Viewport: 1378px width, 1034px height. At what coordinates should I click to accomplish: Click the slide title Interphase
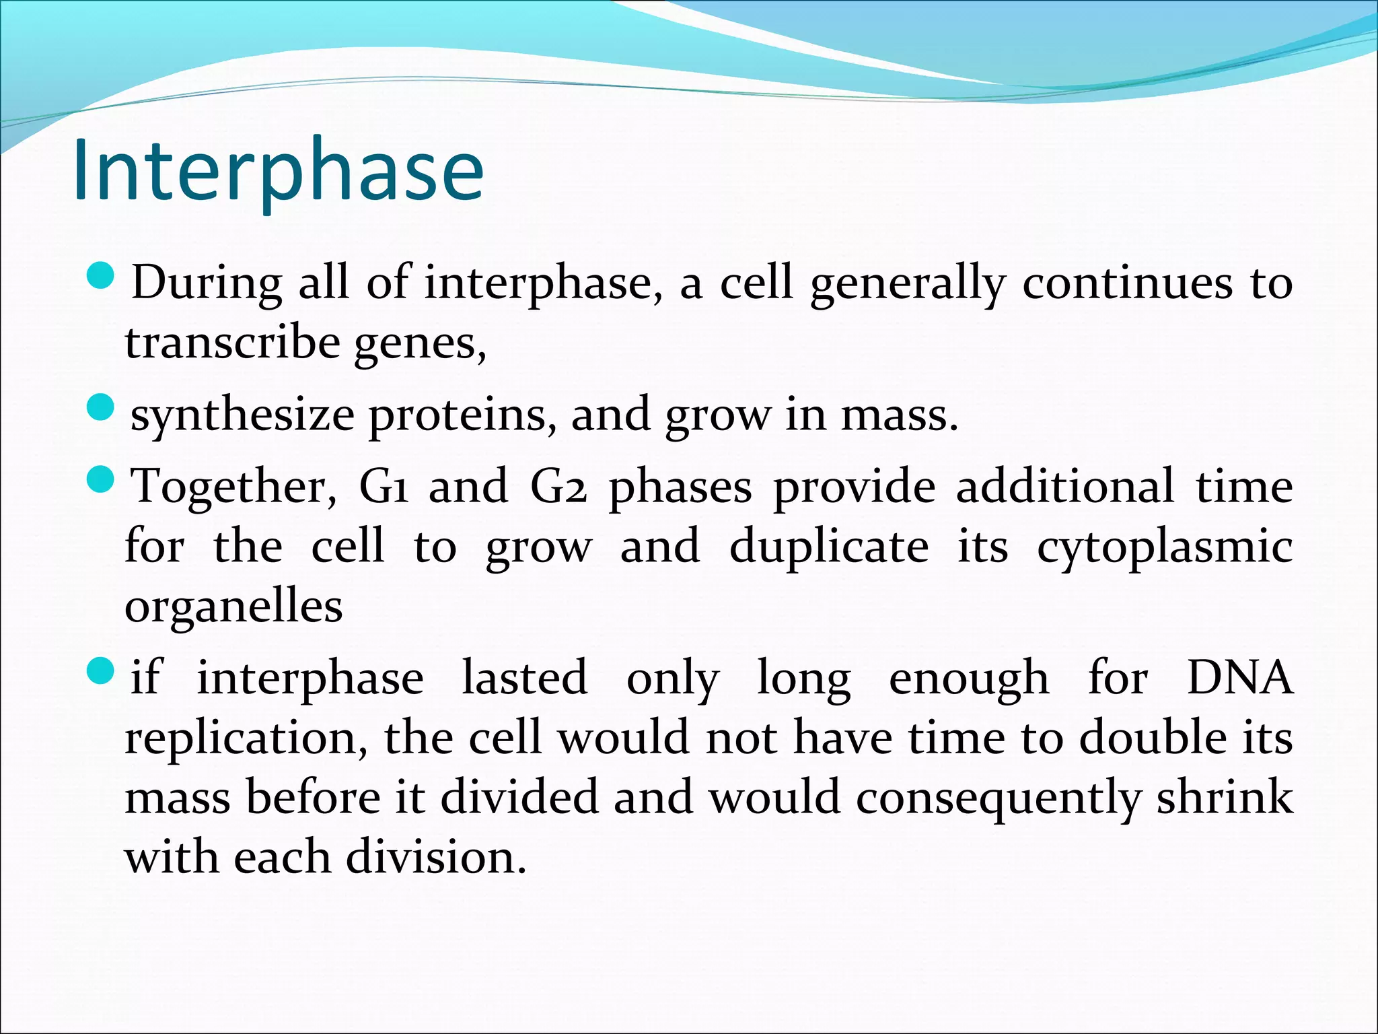(x=278, y=170)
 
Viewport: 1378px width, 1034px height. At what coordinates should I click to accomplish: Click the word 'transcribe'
(x=233, y=343)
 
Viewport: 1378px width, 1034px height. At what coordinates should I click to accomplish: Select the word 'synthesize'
(x=242, y=416)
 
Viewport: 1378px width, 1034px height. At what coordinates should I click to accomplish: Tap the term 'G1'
(x=384, y=486)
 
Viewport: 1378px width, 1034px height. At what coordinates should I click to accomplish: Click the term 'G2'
(x=558, y=486)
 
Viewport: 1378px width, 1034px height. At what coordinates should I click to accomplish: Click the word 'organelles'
(x=233, y=606)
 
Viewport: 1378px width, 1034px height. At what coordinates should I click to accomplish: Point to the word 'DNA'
(x=1239, y=677)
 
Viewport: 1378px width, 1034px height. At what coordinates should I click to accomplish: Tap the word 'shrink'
(x=1225, y=797)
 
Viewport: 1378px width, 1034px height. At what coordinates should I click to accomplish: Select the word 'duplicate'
(x=829, y=547)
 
